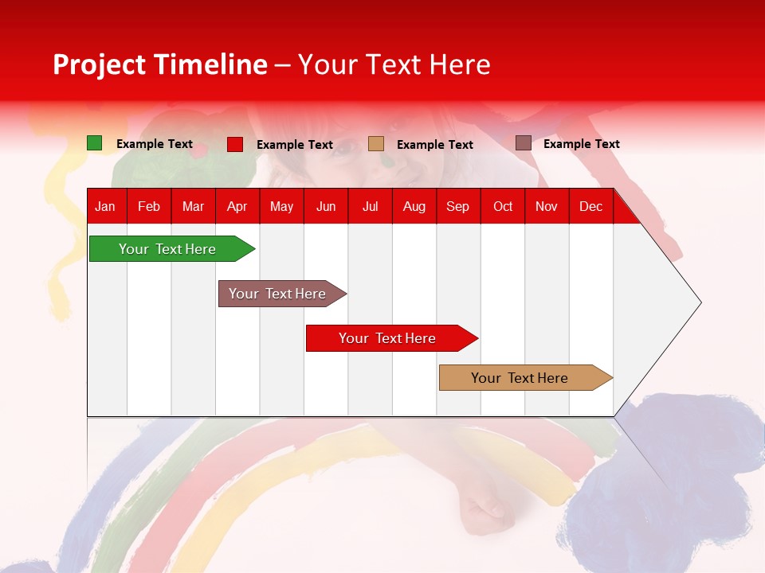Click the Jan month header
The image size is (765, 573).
pos(105,207)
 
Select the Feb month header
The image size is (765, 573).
pos(149,207)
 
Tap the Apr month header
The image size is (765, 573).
pos(237,207)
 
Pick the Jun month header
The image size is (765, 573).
pos(326,207)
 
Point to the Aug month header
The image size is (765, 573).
pos(414,207)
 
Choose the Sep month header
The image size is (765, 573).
pos(457,207)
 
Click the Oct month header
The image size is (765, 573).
pos(503,207)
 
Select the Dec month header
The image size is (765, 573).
pos(590,207)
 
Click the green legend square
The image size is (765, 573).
pos(95,143)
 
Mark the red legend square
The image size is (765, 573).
pos(235,144)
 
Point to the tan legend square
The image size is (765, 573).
pos(376,144)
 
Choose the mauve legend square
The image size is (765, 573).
pos(523,143)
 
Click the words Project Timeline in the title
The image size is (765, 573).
pos(159,64)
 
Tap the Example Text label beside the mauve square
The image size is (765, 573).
pos(581,144)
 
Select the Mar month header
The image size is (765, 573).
pos(193,207)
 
